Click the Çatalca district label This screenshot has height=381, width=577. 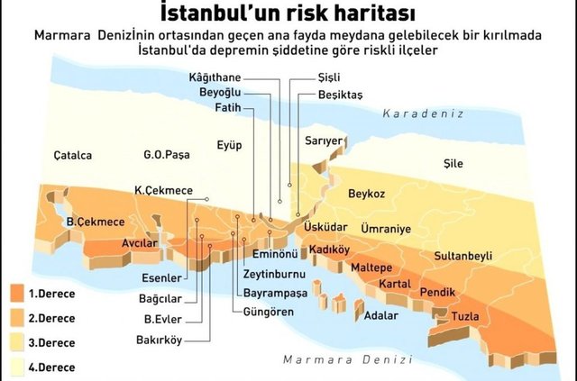click(x=72, y=155)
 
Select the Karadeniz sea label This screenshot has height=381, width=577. click(x=422, y=114)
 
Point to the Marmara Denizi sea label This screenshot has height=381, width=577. click(x=335, y=359)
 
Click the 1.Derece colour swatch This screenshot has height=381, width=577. click(x=15, y=294)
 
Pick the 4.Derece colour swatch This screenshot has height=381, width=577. click(x=15, y=367)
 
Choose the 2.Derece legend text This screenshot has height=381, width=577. click(x=51, y=318)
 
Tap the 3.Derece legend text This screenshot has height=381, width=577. click(x=51, y=342)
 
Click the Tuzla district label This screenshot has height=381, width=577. click(x=465, y=314)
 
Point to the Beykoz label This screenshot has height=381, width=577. click(x=366, y=194)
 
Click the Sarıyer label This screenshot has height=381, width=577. click(x=325, y=141)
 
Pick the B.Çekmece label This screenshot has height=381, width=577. click(x=96, y=222)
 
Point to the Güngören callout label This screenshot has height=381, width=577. click(x=268, y=311)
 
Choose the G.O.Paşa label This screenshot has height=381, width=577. click(x=167, y=155)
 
